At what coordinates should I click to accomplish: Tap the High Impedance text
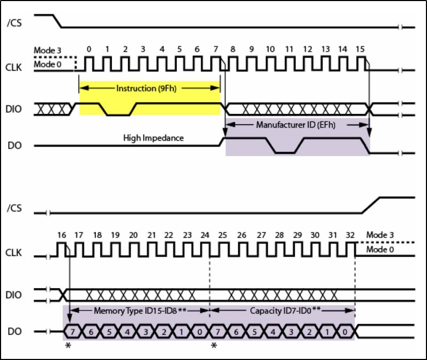point(153,138)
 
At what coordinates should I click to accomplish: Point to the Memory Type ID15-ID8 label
point(140,310)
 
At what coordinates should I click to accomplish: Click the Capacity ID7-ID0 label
point(283,310)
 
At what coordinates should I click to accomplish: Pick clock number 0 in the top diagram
point(88,50)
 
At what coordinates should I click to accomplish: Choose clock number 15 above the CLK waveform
point(360,50)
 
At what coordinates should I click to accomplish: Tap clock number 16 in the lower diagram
point(61,235)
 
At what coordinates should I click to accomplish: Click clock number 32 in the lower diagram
point(351,235)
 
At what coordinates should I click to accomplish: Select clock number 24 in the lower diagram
point(205,235)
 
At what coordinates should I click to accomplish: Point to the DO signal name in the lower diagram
point(15,332)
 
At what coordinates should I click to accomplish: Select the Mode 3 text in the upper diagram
point(48,51)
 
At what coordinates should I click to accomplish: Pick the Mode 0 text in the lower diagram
point(381,249)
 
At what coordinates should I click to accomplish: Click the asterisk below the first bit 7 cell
point(68,346)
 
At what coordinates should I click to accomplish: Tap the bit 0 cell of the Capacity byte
point(346,332)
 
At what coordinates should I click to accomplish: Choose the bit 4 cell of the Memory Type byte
point(127,332)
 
